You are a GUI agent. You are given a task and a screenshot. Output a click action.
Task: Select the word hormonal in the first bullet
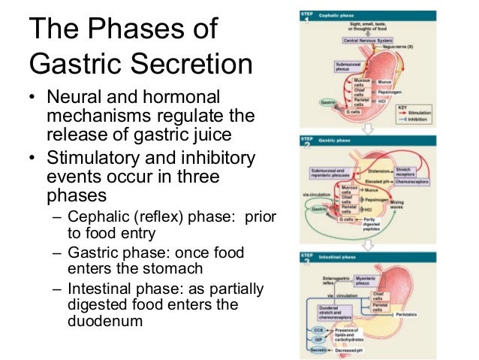[x=182, y=98]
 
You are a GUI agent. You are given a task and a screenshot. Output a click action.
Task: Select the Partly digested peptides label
[x=384, y=225]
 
